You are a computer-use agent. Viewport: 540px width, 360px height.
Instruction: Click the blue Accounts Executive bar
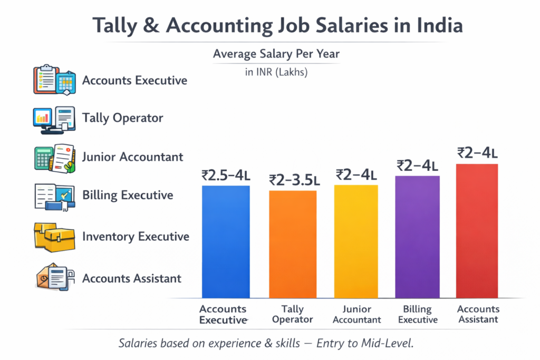click(226, 241)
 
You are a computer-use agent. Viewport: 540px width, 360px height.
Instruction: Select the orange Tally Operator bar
click(293, 244)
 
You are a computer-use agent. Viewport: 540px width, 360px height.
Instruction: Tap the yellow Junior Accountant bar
click(356, 241)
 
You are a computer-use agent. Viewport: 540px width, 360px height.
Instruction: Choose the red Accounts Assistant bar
click(477, 231)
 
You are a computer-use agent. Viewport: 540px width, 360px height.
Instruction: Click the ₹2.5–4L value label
click(226, 175)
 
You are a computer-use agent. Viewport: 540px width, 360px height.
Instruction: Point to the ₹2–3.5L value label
click(294, 180)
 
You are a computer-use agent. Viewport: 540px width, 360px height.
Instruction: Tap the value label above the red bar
click(477, 153)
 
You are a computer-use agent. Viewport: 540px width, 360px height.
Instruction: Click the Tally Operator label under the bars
click(293, 314)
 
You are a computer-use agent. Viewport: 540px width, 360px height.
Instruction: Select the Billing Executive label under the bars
click(417, 314)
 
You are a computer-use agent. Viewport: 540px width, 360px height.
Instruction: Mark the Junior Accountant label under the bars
click(356, 314)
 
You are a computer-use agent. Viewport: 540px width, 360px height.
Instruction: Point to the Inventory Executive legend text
click(136, 237)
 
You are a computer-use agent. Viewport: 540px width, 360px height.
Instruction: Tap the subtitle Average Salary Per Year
click(276, 54)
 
